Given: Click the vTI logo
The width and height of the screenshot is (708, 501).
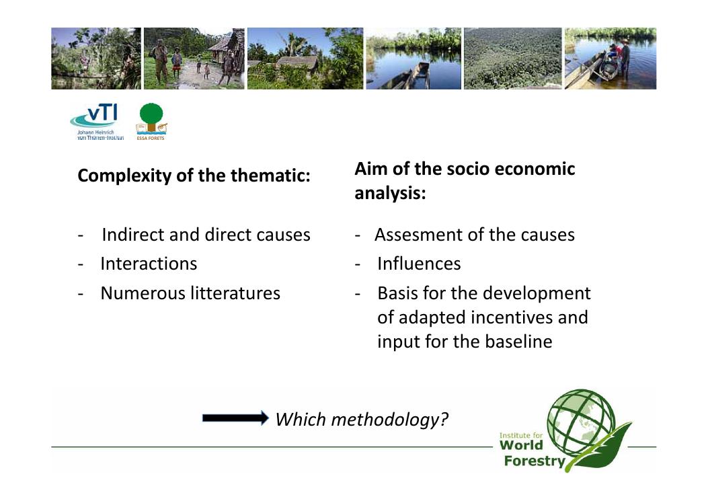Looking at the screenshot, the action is [x=97, y=122].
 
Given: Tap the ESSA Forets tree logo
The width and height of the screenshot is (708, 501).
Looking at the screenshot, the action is [x=151, y=121].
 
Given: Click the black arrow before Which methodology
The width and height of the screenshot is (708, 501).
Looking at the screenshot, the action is [x=235, y=418].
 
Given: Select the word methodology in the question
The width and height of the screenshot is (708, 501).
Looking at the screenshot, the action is [x=390, y=420].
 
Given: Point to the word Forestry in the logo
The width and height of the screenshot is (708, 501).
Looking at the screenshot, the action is [x=535, y=461].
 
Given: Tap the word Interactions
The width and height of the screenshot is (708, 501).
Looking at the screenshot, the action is [x=149, y=264].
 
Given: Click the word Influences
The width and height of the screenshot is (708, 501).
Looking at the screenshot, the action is [x=419, y=264].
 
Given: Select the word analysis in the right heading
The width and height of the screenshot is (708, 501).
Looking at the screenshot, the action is [x=390, y=194].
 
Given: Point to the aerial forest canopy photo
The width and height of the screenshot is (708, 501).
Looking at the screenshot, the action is [x=513, y=59].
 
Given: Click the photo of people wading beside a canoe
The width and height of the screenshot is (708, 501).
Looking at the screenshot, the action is [x=611, y=59].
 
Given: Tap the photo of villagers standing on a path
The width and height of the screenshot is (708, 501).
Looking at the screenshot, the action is [x=194, y=59].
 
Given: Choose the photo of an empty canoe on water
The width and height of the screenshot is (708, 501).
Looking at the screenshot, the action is [x=414, y=59].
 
